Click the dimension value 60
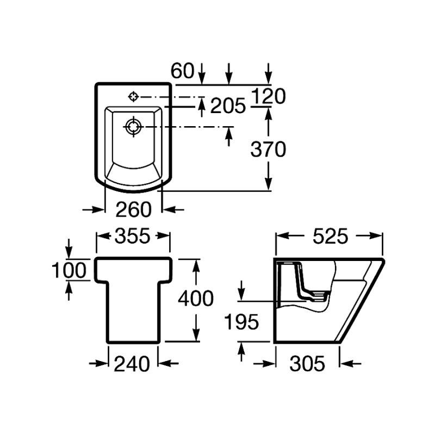[x=183, y=71]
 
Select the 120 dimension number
[x=268, y=96]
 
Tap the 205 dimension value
[x=228, y=105]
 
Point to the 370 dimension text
[x=268, y=149]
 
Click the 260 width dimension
[x=133, y=210]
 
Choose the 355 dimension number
[x=133, y=236]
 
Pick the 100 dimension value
[x=70, y=270]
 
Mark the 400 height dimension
[x=196, y=299]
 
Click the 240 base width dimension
[x=132, y=364]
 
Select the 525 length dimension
[x=330, y=237]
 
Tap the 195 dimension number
[x=241, y=322]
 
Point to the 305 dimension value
[x=307, y=364]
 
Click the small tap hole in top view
[x=133, y=97]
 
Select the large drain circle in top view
[x=133, y=127]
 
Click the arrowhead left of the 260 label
[x=94, y=210]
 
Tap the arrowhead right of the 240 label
[x=168, y=363]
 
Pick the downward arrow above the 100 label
[x=69, y=248]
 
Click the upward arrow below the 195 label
[x=241, y=351]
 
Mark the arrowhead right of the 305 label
[x=351, y=363]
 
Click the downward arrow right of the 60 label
[x=202, y=73]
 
